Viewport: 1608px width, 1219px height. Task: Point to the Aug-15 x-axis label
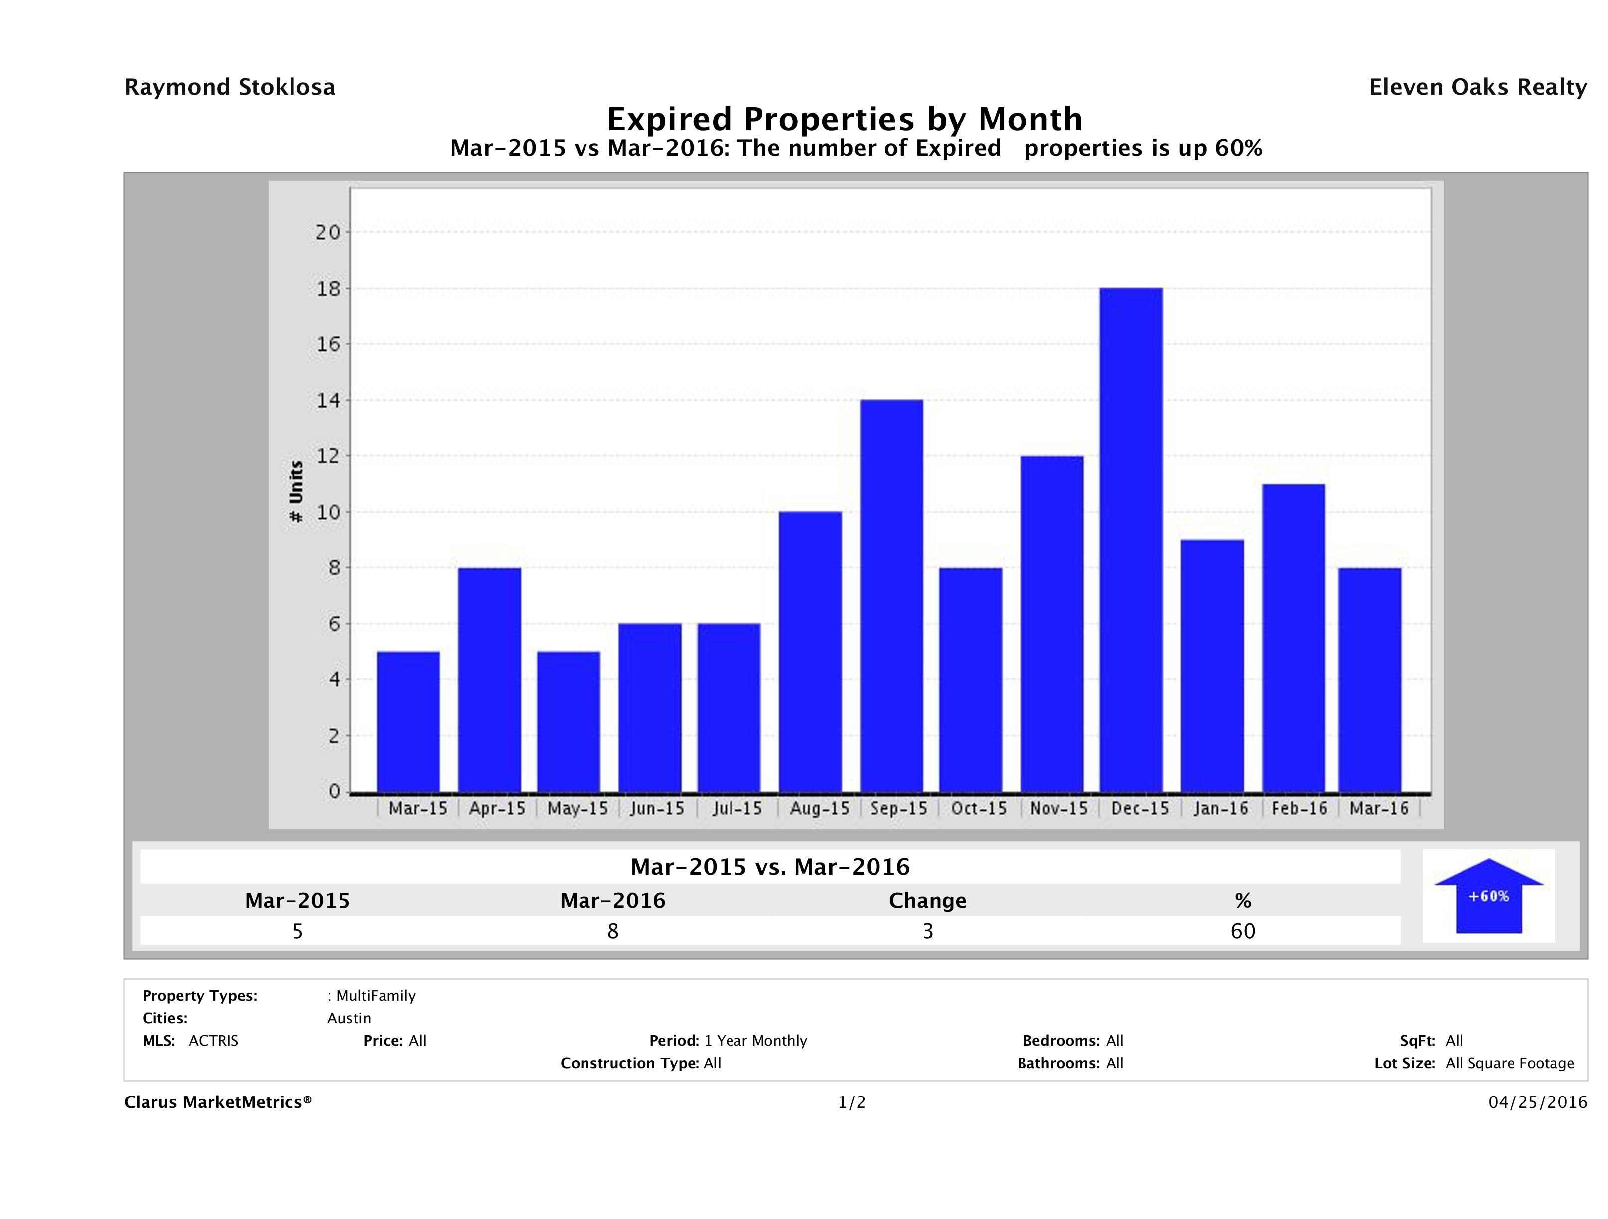click(819, 809)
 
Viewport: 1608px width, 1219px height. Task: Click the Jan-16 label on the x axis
click(1220, 809)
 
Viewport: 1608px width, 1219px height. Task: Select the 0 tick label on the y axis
click(334, 791)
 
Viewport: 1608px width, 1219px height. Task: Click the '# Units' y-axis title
click(296, 491)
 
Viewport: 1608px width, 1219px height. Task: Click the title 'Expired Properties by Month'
click(845, 119)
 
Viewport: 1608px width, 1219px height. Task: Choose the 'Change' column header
click(928, 901)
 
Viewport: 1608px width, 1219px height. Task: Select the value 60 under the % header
click(1242, 931)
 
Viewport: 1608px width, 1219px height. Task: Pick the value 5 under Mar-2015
click(297, 931)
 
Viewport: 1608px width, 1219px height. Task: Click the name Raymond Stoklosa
click(230, 87)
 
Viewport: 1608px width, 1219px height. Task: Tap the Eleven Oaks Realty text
click(1477, 87)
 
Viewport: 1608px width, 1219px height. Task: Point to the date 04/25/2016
click(1537, 1103)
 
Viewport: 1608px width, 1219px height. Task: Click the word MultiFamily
click(375, 996)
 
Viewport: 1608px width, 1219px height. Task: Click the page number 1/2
click(851, 1103)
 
